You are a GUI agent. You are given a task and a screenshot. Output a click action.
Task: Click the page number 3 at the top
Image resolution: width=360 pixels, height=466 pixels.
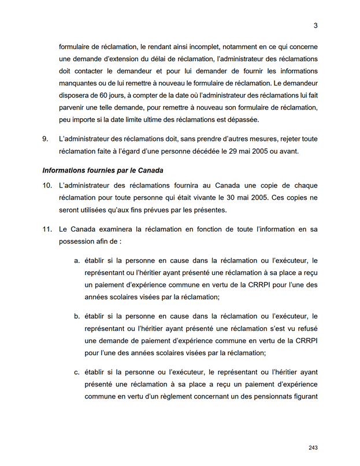[316, 25]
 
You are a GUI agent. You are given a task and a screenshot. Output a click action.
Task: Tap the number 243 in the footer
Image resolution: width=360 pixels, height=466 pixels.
[313, 448]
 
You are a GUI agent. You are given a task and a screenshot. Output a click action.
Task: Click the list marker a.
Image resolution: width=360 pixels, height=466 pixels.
[77, 261]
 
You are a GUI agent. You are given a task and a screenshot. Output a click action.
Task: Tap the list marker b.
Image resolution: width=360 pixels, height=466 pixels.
[77, 316]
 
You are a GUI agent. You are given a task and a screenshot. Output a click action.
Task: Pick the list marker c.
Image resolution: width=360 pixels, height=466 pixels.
[77, 372]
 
